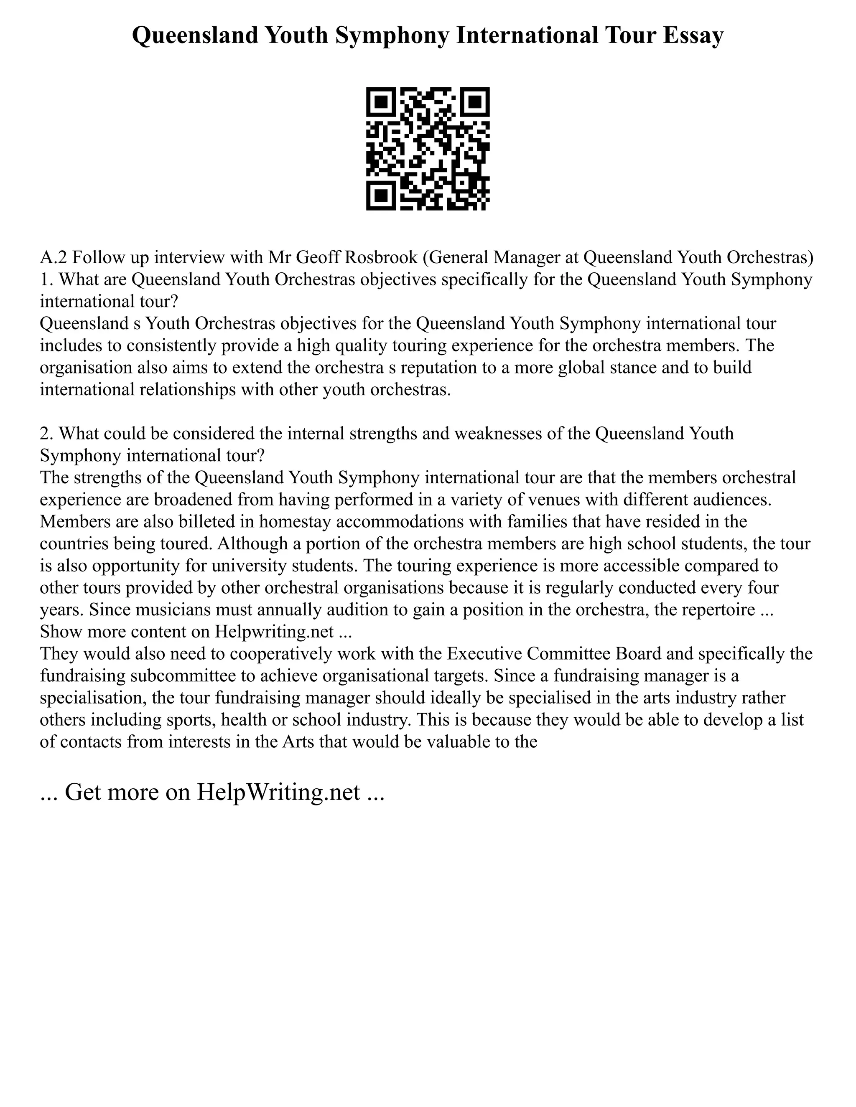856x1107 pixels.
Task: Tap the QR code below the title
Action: coord(428,149)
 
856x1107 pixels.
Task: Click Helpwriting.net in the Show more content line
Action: coord(274,632)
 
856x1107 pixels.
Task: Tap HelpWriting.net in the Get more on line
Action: coord(278,792)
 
